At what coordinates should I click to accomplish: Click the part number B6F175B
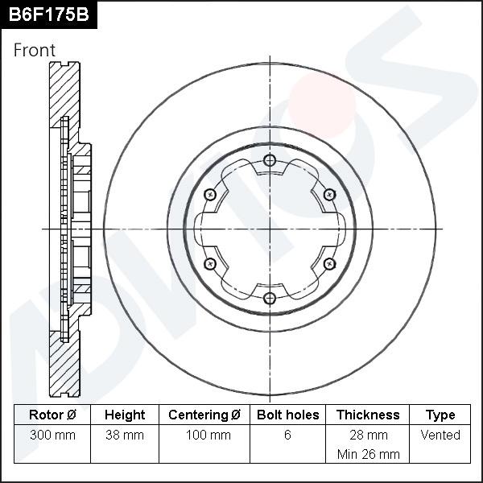pos(47,14)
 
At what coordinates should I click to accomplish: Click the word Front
pos(35,50)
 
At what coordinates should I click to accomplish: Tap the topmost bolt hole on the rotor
pos(270,161)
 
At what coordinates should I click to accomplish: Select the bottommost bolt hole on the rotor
pos(270,299)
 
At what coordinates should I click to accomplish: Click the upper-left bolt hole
pos(210,195)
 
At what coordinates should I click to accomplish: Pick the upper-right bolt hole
pos(328,195)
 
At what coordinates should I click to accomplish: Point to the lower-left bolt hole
pos(210,264)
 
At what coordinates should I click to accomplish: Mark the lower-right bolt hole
pos(328,264)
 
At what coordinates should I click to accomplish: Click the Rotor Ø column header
pos(52,415)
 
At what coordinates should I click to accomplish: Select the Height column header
pos(125,415)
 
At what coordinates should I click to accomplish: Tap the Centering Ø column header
pos(204,415)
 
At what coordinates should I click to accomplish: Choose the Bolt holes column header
pos(287,415)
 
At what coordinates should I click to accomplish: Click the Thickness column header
pos(368,415)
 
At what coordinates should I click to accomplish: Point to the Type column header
pos(440,415)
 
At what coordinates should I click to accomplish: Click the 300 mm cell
pos(52,436)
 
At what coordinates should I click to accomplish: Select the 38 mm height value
pos(125,436)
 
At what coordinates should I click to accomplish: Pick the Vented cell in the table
pos(440,436)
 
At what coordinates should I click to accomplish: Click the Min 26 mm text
pos(368,454)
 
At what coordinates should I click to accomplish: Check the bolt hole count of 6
pos(287,436)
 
